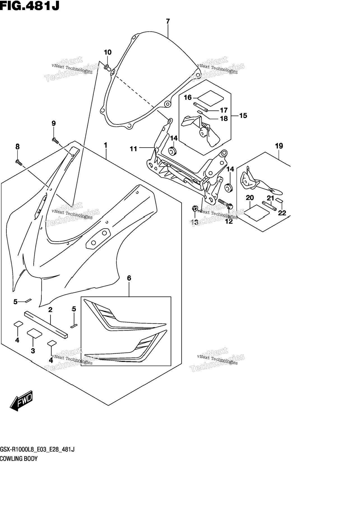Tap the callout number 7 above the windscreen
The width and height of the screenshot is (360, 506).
point(168,21)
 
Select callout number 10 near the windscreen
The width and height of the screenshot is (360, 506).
point(108,52)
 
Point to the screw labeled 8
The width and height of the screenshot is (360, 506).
point(18,162)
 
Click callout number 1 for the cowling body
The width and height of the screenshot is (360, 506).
point(106,145)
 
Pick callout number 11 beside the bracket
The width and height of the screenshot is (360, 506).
point(133,149)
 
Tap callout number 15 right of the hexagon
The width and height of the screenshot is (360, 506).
point(243,115)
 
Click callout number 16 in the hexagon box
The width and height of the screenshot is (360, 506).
point(188,97)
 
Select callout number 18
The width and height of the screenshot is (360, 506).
point(224,119)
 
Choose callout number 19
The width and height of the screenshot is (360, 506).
point(279,146)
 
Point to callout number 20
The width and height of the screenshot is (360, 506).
point(250,198)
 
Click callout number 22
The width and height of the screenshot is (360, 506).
point(282,213)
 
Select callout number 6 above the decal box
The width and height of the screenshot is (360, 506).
point(129,278)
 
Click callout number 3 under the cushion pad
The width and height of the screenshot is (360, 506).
point(33,351)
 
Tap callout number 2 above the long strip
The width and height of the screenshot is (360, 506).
point(50,310)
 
